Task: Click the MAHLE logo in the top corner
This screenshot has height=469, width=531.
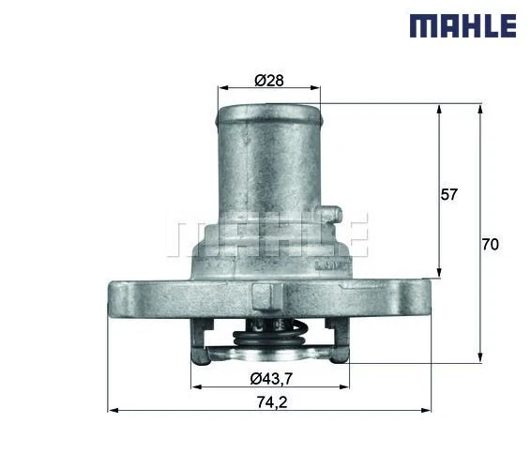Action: (463, 25)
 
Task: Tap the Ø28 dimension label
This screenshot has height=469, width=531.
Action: (269, 80)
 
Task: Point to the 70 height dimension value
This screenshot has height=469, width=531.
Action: (489, 245)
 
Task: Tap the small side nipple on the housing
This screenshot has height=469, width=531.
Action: (327, 217)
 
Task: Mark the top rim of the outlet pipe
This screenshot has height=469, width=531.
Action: (269, 111)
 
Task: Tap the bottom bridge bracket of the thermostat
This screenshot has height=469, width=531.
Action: (269, 356)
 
